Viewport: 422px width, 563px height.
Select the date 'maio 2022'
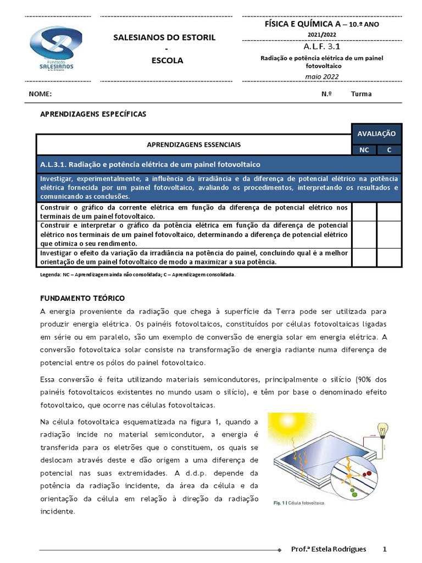pos(323,76)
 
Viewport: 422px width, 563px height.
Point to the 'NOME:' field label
pos(40,94)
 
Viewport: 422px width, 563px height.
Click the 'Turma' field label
pos(361,94)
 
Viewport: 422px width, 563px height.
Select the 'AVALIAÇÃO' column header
pos(376,134)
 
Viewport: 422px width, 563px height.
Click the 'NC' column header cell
pos(364,150)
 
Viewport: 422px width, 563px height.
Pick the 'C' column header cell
pos(390,150)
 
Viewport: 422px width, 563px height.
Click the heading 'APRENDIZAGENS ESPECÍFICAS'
pos(94,114)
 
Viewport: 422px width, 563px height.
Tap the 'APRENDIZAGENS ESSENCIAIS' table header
pos(193,145)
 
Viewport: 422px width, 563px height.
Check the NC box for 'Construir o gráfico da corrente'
pos(364,212)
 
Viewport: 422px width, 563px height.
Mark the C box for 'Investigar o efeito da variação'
pos(390,257)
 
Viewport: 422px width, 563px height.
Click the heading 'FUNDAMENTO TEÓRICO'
pos(83,297)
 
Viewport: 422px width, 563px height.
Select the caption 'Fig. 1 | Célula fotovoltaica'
pos(299,503)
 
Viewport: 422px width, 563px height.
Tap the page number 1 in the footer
pos(385,549)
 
